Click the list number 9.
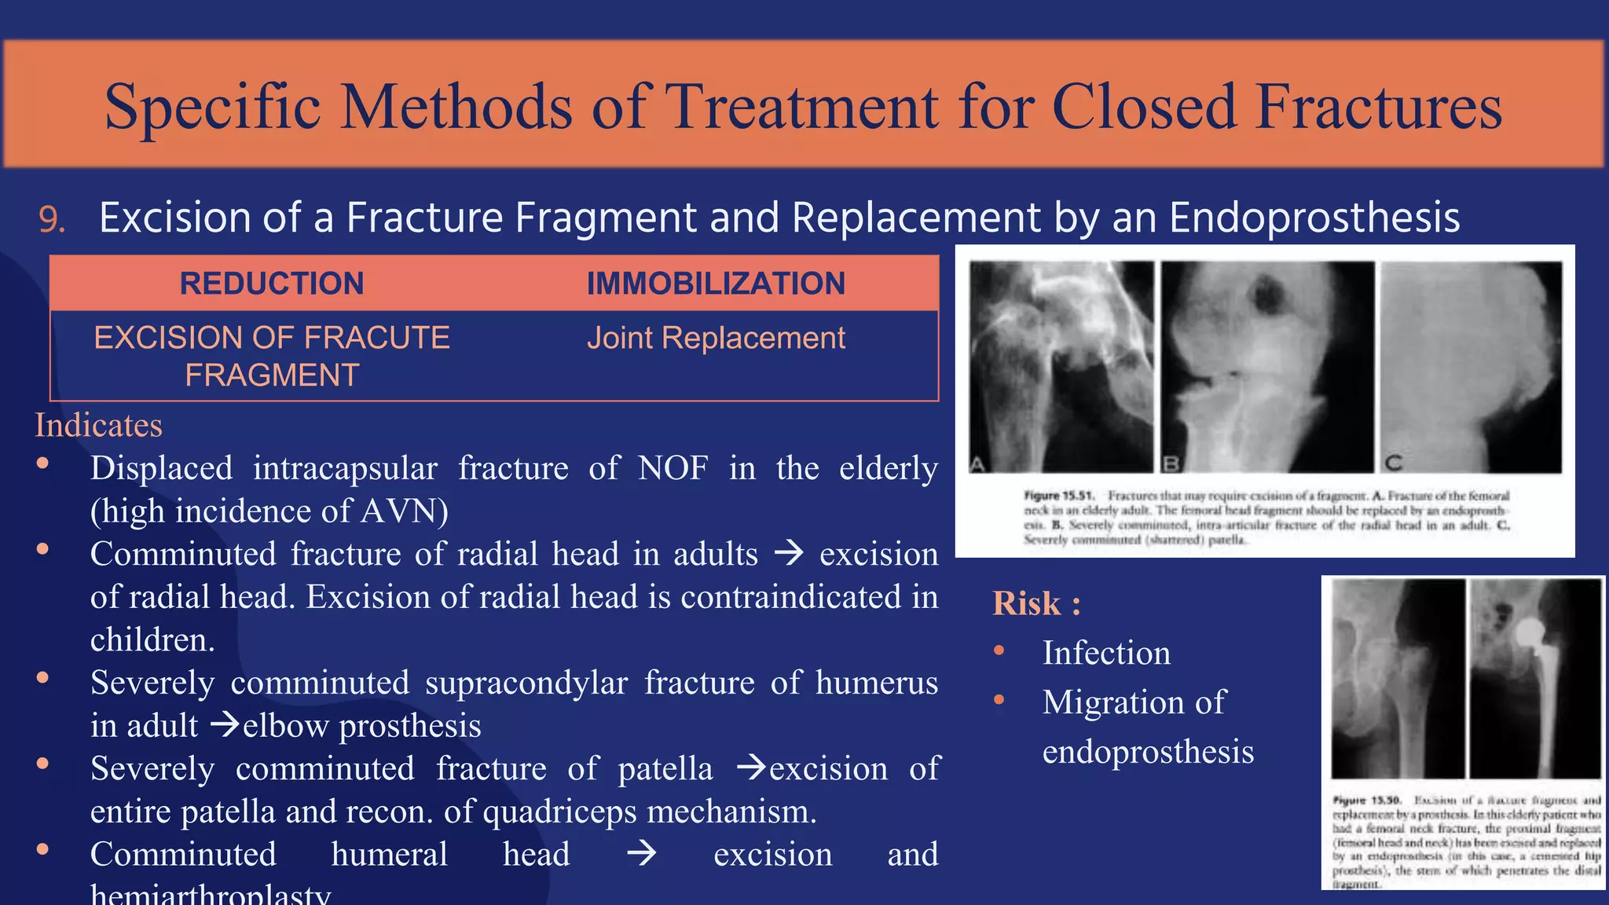(52, 220)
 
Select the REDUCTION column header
(272, 284)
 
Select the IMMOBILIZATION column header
(716, 284)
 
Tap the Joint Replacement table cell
(716, 339)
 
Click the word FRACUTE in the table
(377, 339)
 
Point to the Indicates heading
(98, 425)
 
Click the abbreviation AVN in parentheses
(392, 511)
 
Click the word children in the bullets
(152, 640)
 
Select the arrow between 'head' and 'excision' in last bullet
(642, 854)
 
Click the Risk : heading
(1036, 603)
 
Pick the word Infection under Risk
(1106, 654)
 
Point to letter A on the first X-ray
(977, 464)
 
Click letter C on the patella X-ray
(1393, 463)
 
